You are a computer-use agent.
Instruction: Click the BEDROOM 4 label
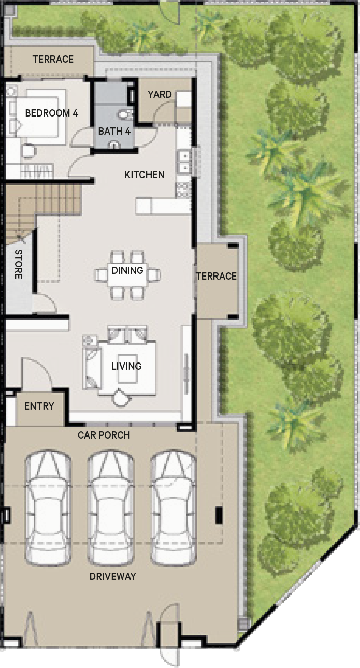[52, 113]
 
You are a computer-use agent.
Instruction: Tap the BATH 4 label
[114, 131]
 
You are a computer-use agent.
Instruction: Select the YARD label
[160, 95]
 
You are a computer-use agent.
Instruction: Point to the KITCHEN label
[145, 175]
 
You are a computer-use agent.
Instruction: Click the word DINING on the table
[127, 270]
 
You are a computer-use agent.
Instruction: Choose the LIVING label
[126, 366]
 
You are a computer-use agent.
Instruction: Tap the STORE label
[19, 264]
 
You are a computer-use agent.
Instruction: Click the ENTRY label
[39, 406]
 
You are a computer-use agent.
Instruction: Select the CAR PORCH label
[104, 435]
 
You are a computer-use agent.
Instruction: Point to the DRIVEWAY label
[113, 576]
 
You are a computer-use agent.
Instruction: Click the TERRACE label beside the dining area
[217, 276]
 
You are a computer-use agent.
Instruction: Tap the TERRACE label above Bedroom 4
[53, 59]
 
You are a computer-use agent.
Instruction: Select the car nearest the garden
[174, 508]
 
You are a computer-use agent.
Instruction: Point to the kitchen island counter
[163, 206]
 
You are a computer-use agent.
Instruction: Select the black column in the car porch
[219, 515]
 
